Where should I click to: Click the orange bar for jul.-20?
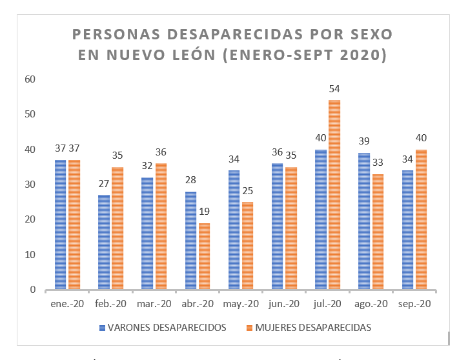click(x=334, y=195)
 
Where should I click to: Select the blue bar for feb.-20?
click(x=103, y=242)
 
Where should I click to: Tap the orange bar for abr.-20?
click(x=204, y=256)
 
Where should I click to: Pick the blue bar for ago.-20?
click(x=363, y=221)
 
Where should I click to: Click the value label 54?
click(x=334, y=89)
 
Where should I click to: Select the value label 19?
click(x=204, y=212)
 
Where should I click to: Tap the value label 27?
click(x=103, y=184)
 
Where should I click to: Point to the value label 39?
click(x=363, y=142)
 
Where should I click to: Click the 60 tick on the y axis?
click(x=30, y=79)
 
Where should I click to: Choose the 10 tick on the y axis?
click(x=30, y=255)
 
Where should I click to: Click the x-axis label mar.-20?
click(x=154, y=304)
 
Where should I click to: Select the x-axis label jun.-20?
click(x=284, y=304)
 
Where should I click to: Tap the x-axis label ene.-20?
click(x=67, y=304)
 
